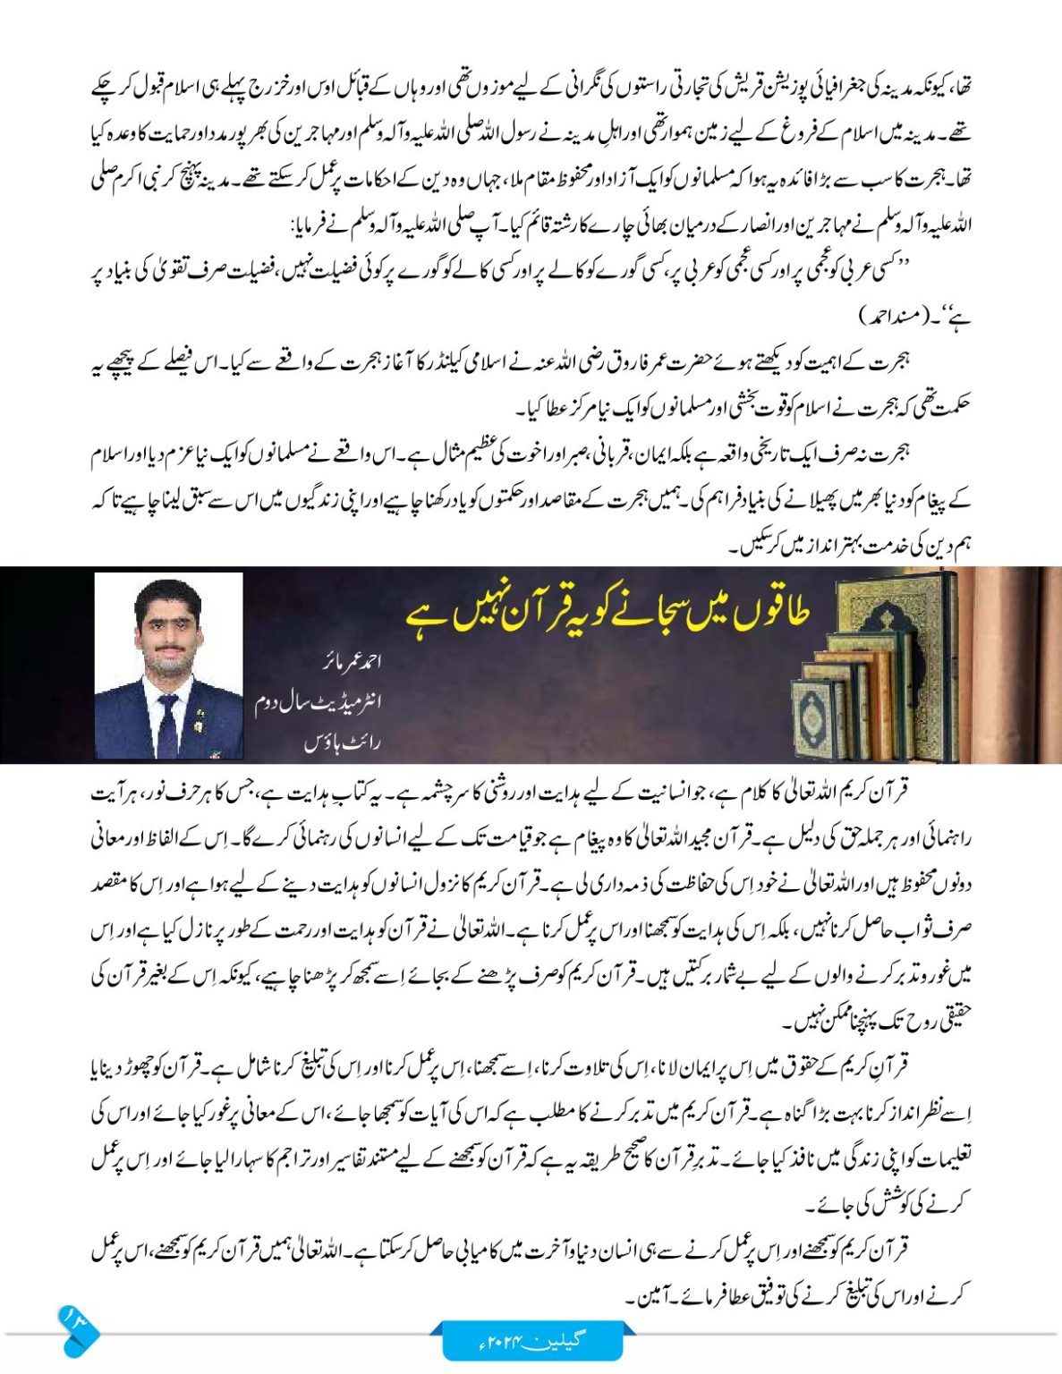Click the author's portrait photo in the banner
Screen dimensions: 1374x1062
click(x=168, y=666)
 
